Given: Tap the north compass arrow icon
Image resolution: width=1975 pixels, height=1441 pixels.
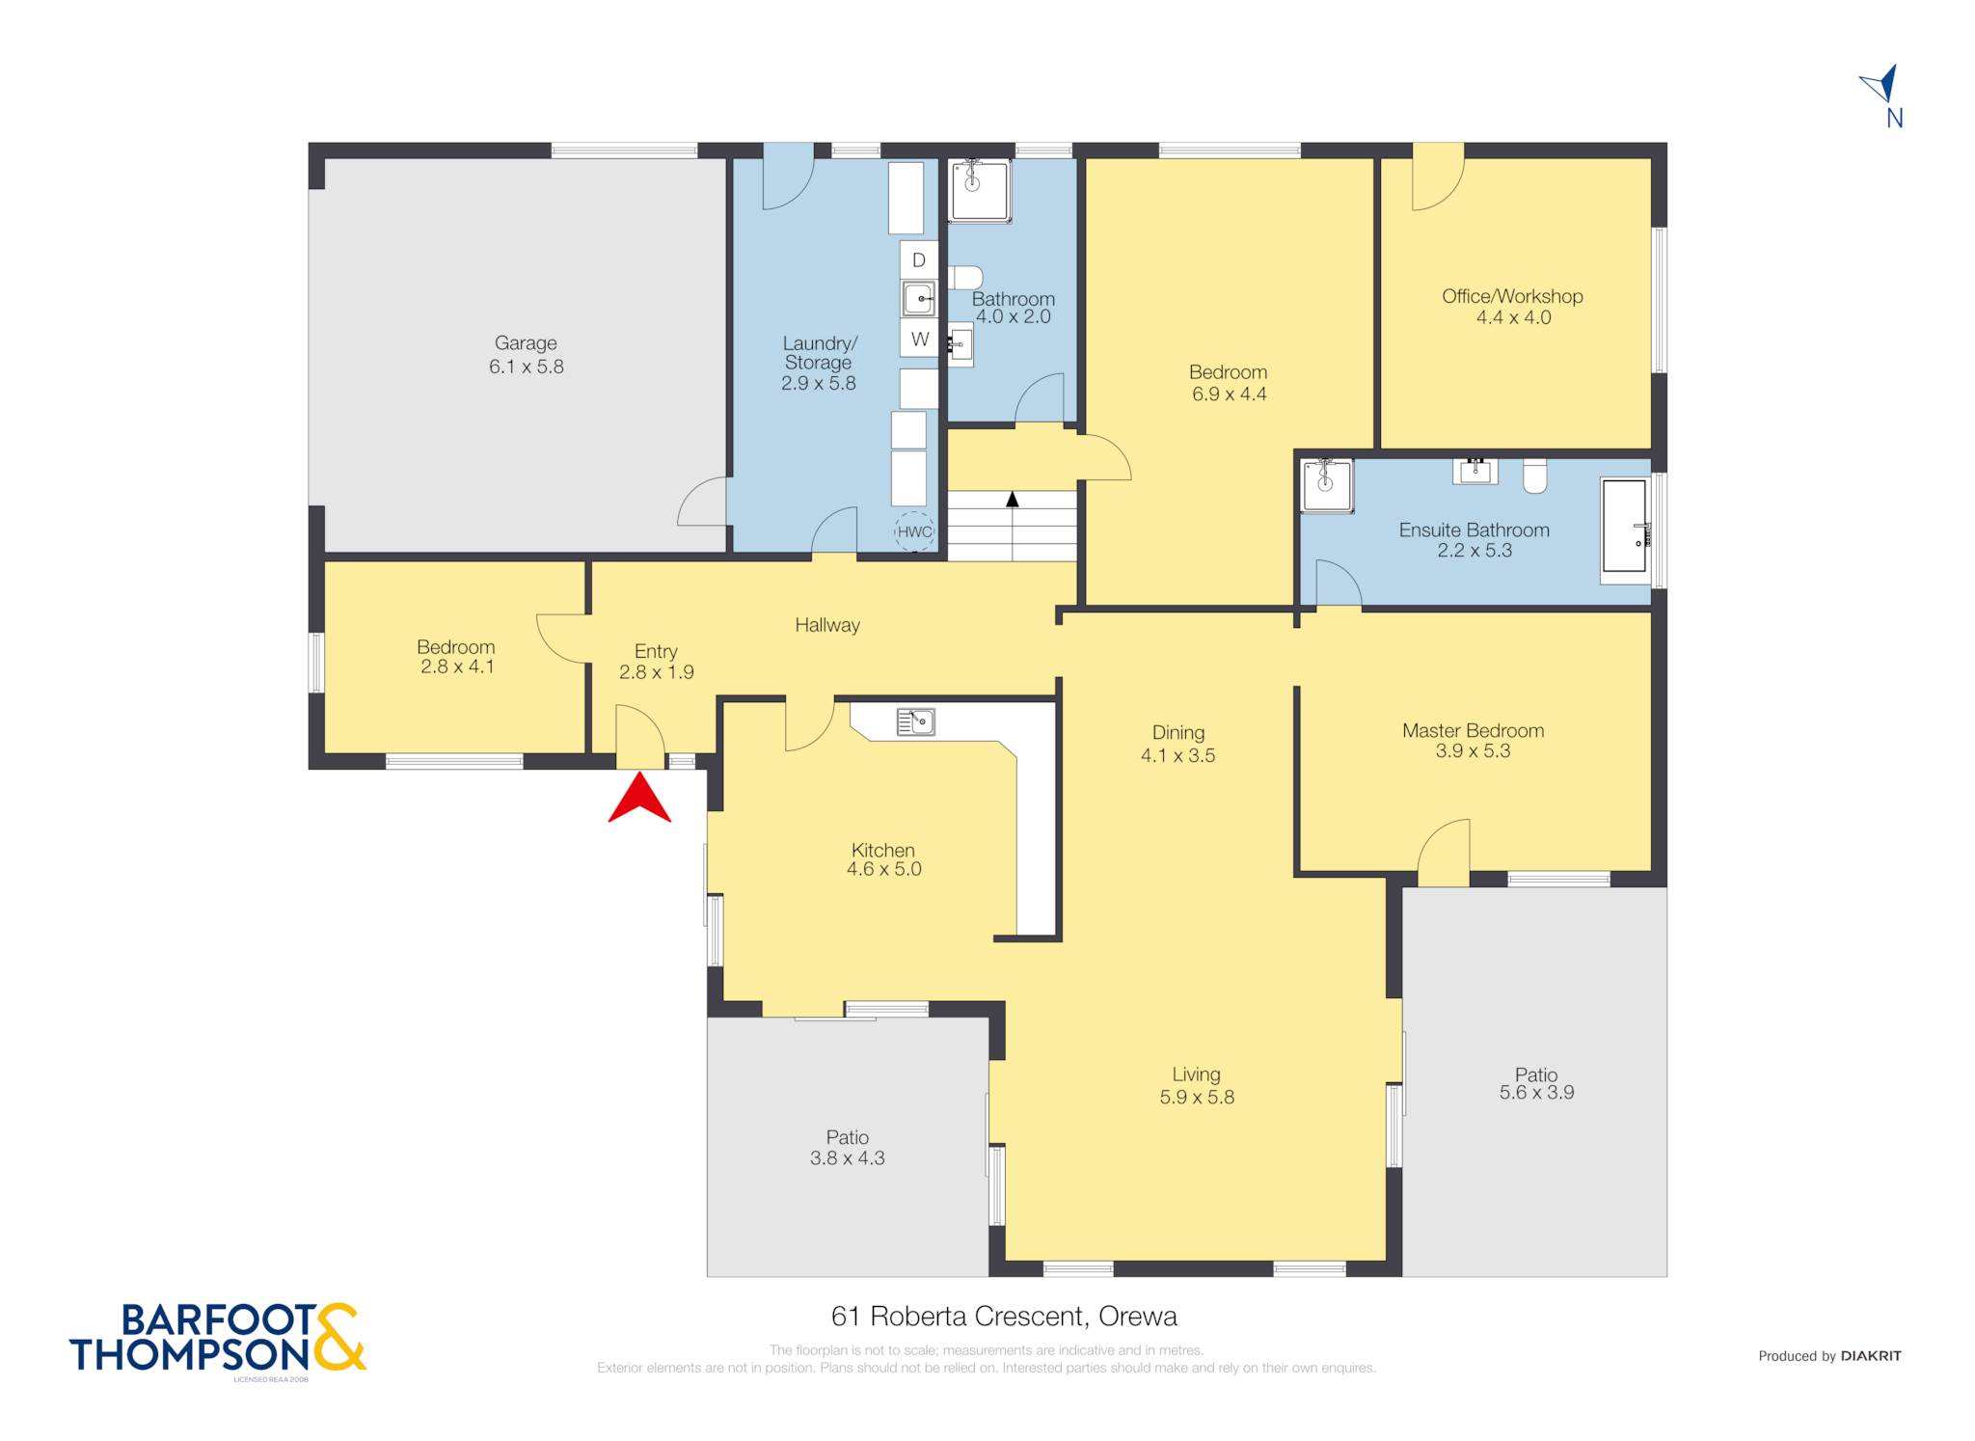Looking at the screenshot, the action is [1881, 84].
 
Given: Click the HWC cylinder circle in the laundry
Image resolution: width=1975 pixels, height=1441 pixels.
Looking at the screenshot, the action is [914, 531].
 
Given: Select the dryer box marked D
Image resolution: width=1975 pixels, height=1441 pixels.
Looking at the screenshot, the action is [919, 259].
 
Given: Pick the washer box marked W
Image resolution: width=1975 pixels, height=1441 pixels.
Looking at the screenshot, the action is [920, 339].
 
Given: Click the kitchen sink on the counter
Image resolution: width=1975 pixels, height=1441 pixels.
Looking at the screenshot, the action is [915, 721].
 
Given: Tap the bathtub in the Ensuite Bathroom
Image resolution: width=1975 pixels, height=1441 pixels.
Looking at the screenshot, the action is [1625, 530].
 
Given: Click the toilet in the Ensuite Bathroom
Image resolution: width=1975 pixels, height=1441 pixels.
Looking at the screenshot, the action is [1535, 476].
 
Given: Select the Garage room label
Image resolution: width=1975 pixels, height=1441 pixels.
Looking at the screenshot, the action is [526, 342].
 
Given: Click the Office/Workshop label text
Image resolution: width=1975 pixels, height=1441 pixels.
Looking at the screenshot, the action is [1512, 296].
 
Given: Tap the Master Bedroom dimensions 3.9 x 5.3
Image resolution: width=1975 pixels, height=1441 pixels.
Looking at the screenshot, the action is [1473, 751].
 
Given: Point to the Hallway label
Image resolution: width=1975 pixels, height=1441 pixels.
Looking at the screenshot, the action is [827, 625].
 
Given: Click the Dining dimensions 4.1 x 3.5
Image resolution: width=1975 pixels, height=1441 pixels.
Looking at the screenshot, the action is [1177, 755].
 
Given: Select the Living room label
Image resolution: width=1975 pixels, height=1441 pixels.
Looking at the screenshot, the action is [1196, 1074].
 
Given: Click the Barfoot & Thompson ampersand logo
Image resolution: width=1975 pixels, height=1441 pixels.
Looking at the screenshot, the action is [338, 1337].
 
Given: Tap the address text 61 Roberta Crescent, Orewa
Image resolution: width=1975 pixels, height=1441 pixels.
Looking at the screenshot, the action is [1004, 1316].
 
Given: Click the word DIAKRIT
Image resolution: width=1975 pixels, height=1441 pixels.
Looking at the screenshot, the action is [1871, 1355].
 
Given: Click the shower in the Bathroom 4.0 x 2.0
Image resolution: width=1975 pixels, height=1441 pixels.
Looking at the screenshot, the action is [980, 191].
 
